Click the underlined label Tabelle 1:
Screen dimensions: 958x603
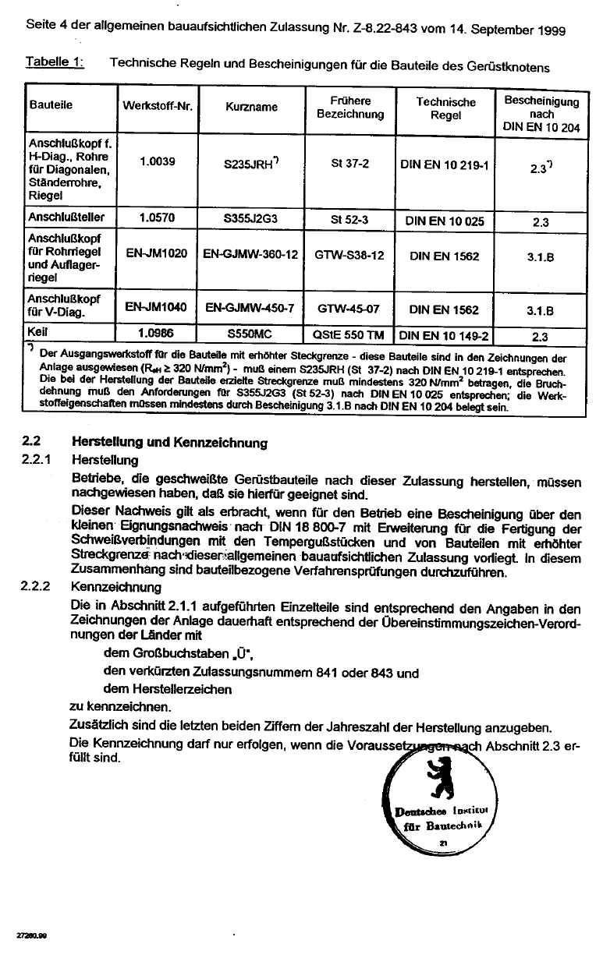[55, 62]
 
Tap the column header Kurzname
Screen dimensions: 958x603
[251, 107]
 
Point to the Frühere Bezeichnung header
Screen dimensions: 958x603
[350, 107]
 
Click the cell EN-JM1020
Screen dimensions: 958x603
[156, 254]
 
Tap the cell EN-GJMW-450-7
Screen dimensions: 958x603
[250, 309]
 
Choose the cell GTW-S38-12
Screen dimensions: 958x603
[349, 255]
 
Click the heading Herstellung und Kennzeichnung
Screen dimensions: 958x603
[169, 443]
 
